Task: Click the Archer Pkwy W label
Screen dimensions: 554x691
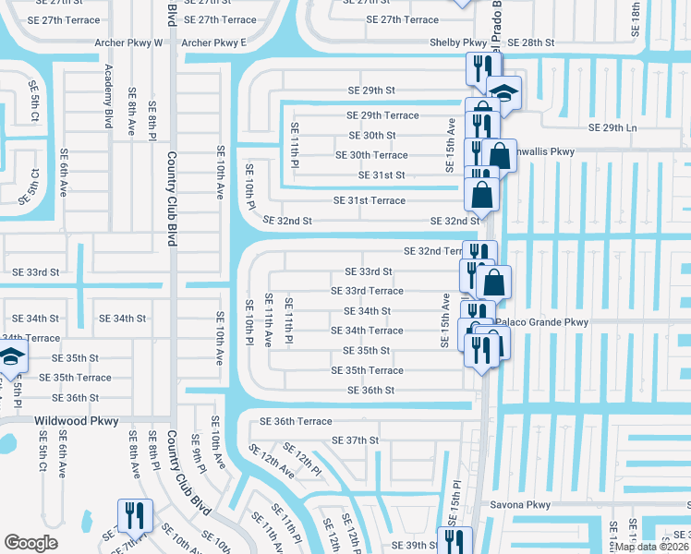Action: point(128,42)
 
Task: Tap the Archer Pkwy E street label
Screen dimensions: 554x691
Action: point(214,42)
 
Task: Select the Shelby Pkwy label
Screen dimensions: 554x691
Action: point(457,42)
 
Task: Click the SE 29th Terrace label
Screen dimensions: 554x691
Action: point(382,115)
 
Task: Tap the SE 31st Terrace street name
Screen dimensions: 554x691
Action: point(370,200)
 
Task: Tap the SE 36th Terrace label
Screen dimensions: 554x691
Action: point(296,421)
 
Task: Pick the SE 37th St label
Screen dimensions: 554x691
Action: point(356,440)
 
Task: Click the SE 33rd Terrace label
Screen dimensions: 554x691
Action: point(368,291)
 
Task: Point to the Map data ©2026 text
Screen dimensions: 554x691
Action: point(652,547)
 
